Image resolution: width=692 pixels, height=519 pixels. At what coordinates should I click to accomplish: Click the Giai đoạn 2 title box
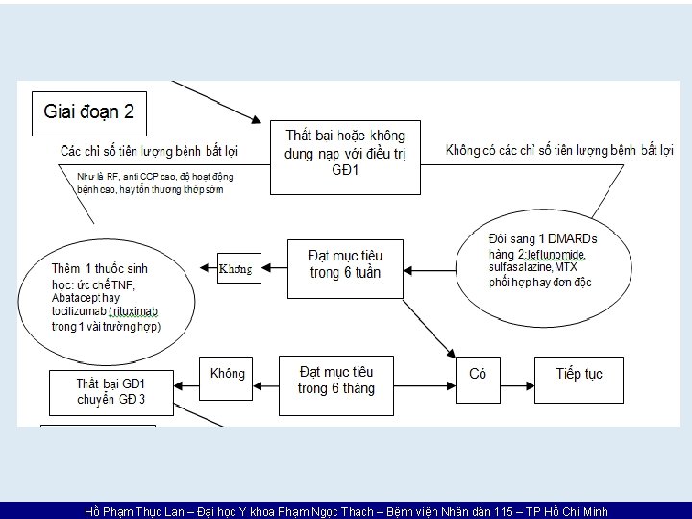point(89,113)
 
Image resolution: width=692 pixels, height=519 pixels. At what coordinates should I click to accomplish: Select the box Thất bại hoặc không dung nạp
point(345,152)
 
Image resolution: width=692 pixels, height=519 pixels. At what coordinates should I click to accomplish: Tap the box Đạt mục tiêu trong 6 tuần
point(344,264)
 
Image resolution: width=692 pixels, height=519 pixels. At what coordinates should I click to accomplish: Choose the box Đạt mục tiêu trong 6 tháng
point(336,380)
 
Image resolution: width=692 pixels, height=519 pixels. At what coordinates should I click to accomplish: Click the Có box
point(478,374)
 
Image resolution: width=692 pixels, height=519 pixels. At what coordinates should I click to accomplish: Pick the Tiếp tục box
point(580,374)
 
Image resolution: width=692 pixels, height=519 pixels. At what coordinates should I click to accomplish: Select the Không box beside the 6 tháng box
point(228,374)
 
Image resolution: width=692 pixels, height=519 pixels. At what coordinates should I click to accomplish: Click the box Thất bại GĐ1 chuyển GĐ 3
point(111,391)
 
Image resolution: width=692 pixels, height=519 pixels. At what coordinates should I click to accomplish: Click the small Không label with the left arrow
point(235,269)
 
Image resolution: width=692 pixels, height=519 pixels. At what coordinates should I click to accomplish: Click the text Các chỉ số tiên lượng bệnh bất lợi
point(149,151)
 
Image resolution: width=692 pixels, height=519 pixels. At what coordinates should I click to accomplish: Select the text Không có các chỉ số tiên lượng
point(560,150)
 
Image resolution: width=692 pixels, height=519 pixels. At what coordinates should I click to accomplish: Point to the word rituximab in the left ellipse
point(140,312)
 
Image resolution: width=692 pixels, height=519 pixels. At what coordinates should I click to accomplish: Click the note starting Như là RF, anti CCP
point(154,183)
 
